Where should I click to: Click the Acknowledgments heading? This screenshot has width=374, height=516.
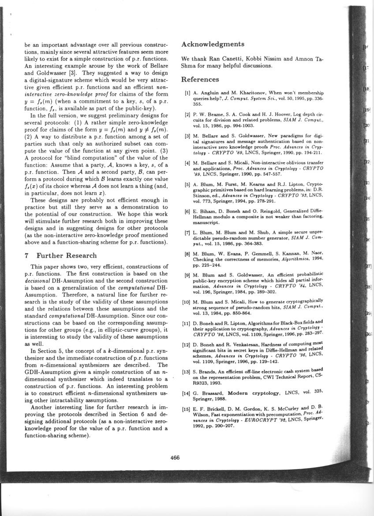tap(213, 45)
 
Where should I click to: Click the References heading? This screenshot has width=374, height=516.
tap(200, 80)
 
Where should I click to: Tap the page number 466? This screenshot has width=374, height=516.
tap(175, 457)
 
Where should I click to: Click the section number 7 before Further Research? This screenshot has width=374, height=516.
tap(27, 255)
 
